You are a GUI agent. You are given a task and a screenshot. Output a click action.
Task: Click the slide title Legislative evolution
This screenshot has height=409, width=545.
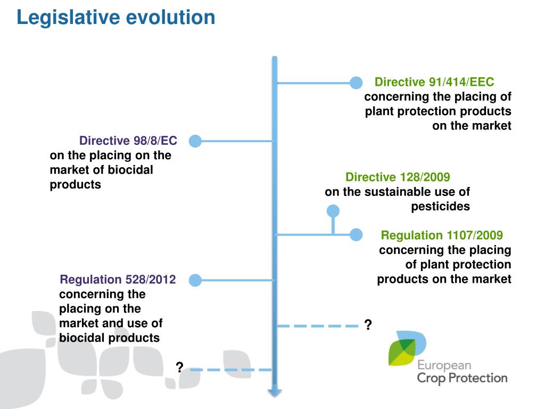[x=115, y=18]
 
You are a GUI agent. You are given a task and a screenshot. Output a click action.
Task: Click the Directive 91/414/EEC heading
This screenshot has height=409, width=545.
[x=434, y=82]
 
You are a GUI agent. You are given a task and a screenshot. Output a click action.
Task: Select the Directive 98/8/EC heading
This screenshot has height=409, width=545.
[x=128, y=141]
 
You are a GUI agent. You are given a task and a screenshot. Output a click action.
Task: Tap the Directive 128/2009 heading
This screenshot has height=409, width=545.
[x=398, y=177]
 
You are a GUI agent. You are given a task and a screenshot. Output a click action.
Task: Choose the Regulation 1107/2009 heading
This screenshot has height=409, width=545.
[x=442, y=235]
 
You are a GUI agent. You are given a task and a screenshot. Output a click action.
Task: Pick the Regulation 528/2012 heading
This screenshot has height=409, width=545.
[x=118, y=280]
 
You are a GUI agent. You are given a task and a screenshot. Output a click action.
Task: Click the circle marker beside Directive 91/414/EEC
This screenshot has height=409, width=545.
[x=356, y=83]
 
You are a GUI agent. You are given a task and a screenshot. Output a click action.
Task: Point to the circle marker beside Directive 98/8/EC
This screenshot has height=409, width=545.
[x=195, y=141]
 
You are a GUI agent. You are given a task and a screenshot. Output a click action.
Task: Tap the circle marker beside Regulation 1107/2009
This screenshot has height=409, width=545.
[x=356, y=234]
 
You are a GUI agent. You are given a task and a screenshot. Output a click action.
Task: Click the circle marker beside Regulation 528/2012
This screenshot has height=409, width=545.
[x=195, y=280]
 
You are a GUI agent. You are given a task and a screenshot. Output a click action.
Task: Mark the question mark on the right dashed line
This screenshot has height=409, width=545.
[x=368, y=325]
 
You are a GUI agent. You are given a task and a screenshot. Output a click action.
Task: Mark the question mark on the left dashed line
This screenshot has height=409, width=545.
[x=180, y=367]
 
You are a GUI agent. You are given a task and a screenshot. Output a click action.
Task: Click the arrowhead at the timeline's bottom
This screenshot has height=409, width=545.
[x=275, y=392]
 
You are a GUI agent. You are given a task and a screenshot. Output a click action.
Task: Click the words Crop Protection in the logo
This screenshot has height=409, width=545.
[x=461, y=378]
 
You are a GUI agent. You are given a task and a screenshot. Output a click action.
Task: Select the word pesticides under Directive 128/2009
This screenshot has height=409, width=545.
[x=440, y=207]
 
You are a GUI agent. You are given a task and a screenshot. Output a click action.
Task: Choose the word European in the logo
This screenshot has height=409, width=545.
[x=444, y=365]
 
